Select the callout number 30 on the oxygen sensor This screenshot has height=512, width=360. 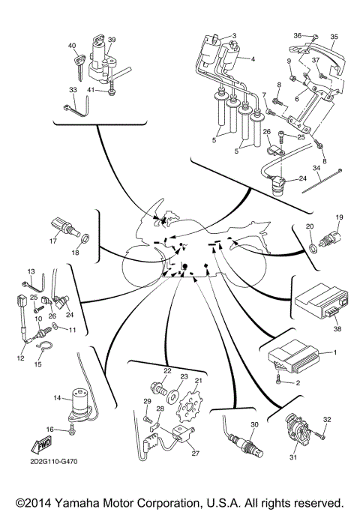point(253,425)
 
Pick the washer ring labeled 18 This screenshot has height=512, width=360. point(85,241)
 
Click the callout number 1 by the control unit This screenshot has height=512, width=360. point(334,352)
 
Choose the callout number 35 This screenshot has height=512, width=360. point(334,36)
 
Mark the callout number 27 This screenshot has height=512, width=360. point(196,453)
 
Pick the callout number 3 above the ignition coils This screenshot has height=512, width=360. point(234,35)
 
